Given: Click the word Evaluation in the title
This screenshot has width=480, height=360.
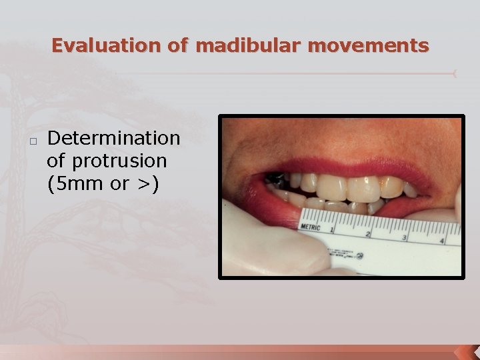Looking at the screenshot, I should (103, 46).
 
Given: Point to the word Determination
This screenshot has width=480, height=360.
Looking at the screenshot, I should (114, 138).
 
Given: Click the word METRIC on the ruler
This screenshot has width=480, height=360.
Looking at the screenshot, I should (310, 227).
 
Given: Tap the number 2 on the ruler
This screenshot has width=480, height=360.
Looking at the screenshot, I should (368, 234).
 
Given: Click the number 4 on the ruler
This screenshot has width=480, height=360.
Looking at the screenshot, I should (441, 241).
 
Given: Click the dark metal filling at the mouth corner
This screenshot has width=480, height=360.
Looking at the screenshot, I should (275, 179).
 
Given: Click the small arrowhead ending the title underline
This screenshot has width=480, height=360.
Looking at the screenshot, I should (455, 73).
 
